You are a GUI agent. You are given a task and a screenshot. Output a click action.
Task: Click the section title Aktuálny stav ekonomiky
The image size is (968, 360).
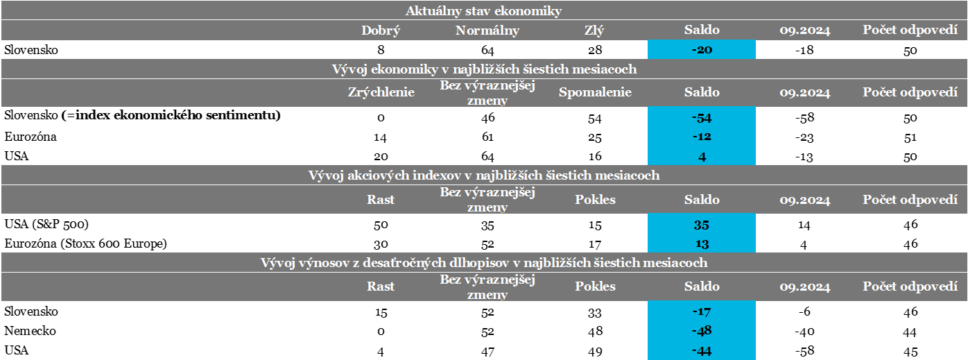(483, 10)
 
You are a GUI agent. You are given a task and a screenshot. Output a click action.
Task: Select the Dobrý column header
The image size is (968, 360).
(381, 31)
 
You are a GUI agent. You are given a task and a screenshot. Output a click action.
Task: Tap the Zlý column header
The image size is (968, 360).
(595, 31)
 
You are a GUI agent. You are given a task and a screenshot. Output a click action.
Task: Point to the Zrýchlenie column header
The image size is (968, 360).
(381, 93)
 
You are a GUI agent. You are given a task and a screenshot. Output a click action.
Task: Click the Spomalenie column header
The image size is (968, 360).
(595, 93)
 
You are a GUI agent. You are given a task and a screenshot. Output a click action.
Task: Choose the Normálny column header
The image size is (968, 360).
(487, 31)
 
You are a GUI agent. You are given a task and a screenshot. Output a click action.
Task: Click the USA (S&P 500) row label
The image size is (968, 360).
(46, 225)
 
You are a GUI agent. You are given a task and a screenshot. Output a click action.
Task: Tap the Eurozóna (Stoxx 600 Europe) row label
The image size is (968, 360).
(85, 244)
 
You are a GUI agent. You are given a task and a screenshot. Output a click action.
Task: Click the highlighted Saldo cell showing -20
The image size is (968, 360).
(701, 50)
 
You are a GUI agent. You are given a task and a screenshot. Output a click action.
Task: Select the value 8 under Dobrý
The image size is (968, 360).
(381, 50)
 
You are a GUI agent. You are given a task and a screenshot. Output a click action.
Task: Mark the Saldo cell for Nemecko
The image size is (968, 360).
(701, 332)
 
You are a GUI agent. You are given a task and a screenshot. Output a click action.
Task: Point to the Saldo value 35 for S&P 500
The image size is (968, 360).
(701, 225)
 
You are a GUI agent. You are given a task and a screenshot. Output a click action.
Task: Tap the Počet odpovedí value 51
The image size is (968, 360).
(910, 137)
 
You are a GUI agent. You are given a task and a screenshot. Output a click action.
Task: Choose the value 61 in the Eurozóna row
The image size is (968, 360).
(487, 137)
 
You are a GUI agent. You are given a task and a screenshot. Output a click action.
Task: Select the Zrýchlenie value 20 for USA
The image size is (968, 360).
(381, 157)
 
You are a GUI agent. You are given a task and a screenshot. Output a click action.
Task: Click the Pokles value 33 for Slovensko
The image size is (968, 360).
(595, 312)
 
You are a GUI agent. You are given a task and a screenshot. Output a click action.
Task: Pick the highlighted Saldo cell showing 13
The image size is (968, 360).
(701, 244)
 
